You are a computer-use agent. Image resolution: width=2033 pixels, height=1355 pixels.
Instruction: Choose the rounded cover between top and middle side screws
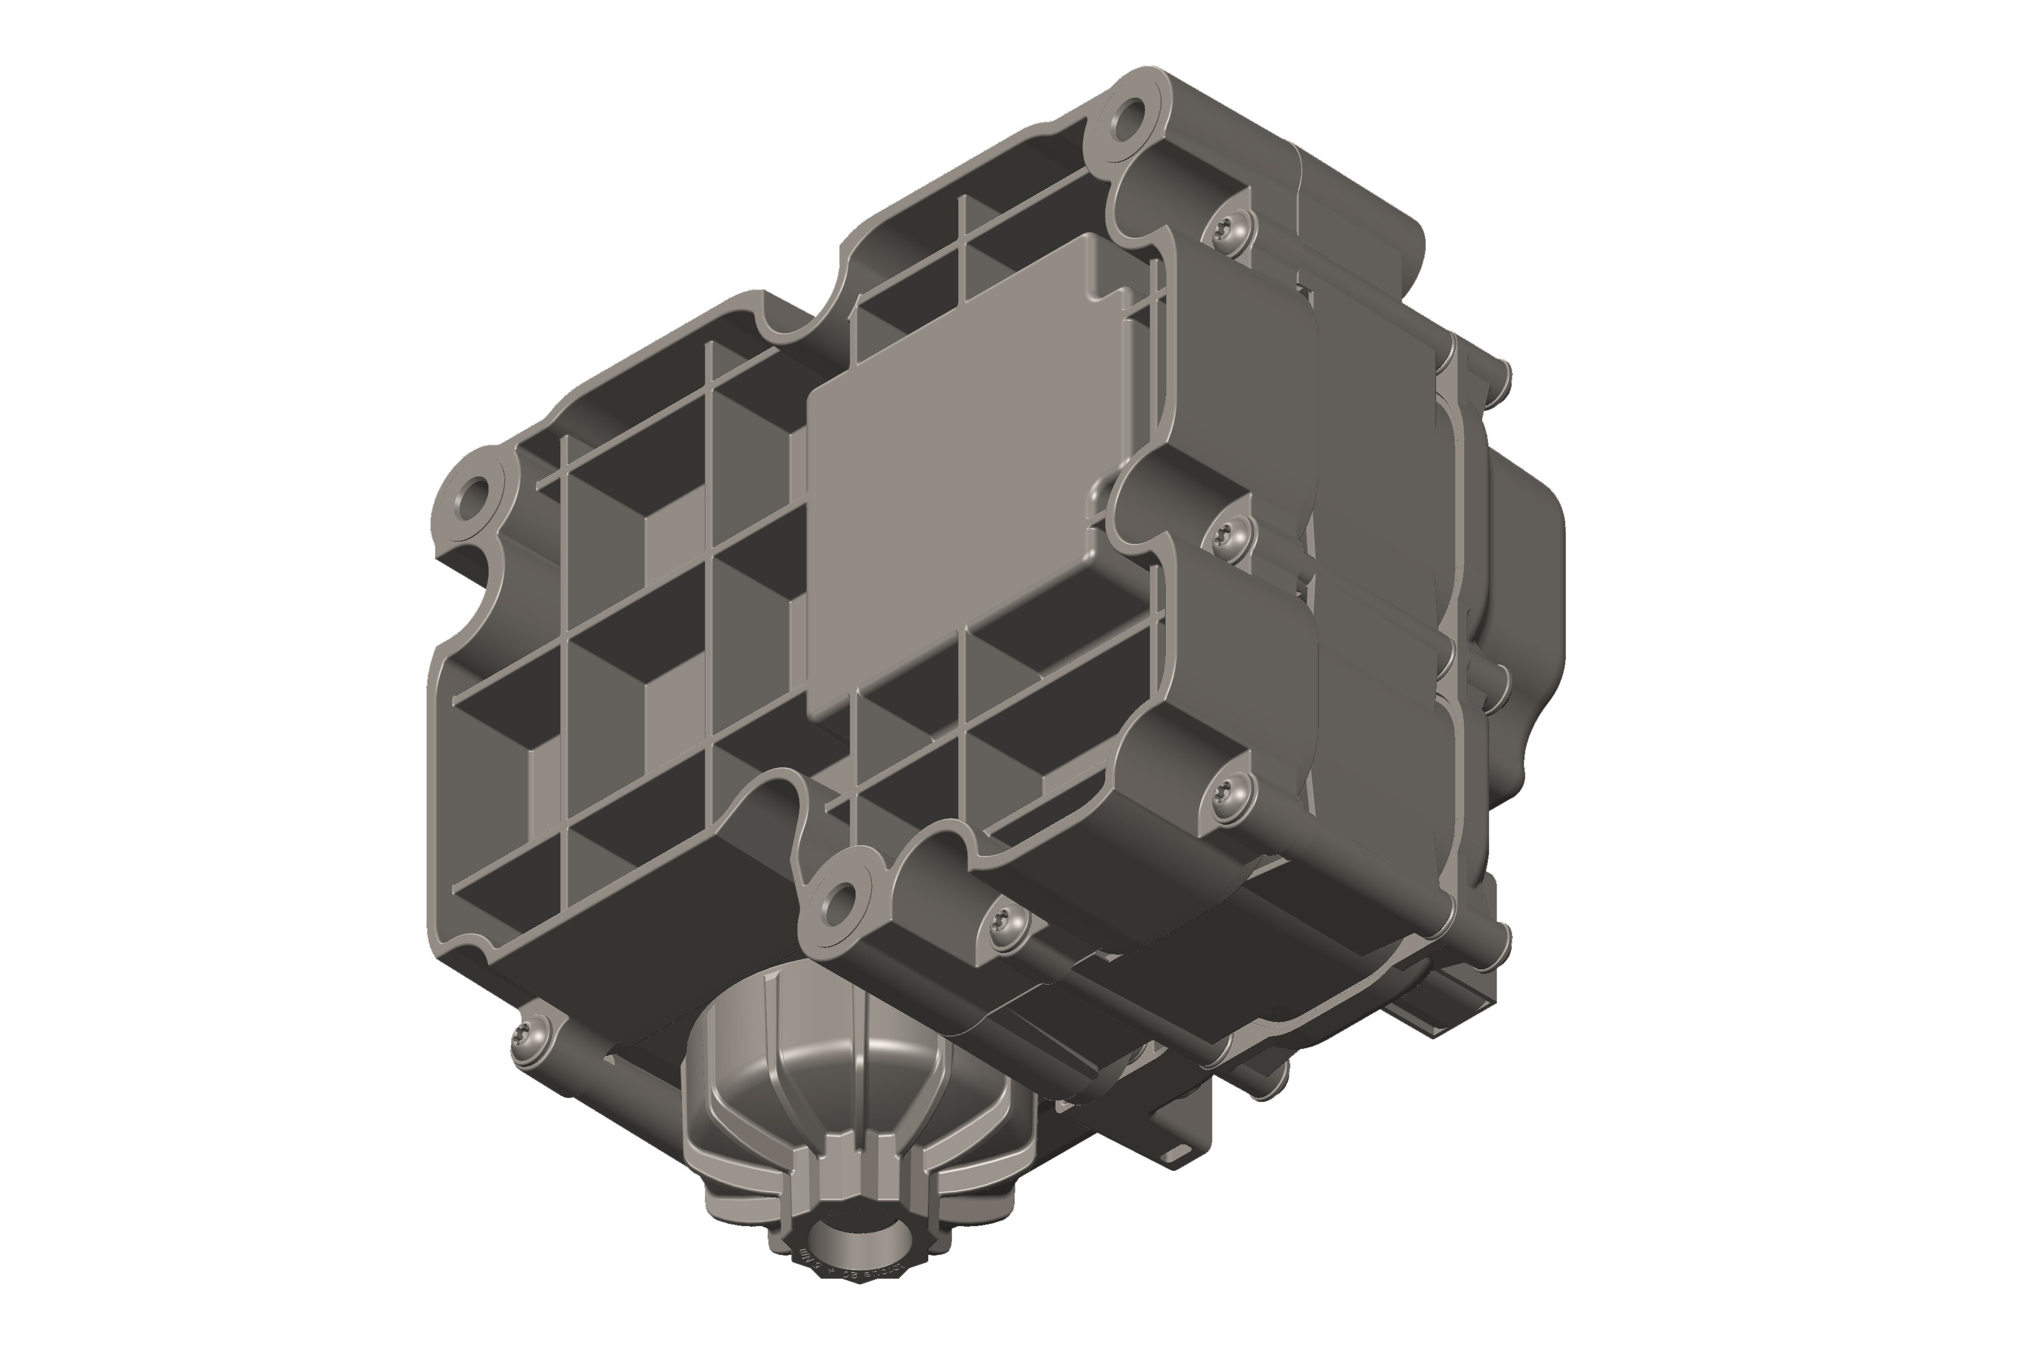(1245, 380)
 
